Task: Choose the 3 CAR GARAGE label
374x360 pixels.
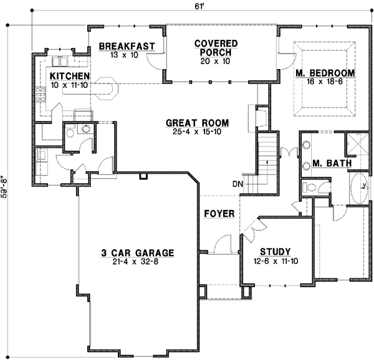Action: [138, 253]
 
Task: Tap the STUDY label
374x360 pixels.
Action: [275, 252]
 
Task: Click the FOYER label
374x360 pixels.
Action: [219, 214]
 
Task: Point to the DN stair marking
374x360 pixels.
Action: [237, 184]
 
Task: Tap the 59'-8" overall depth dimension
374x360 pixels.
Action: [5, 186]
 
